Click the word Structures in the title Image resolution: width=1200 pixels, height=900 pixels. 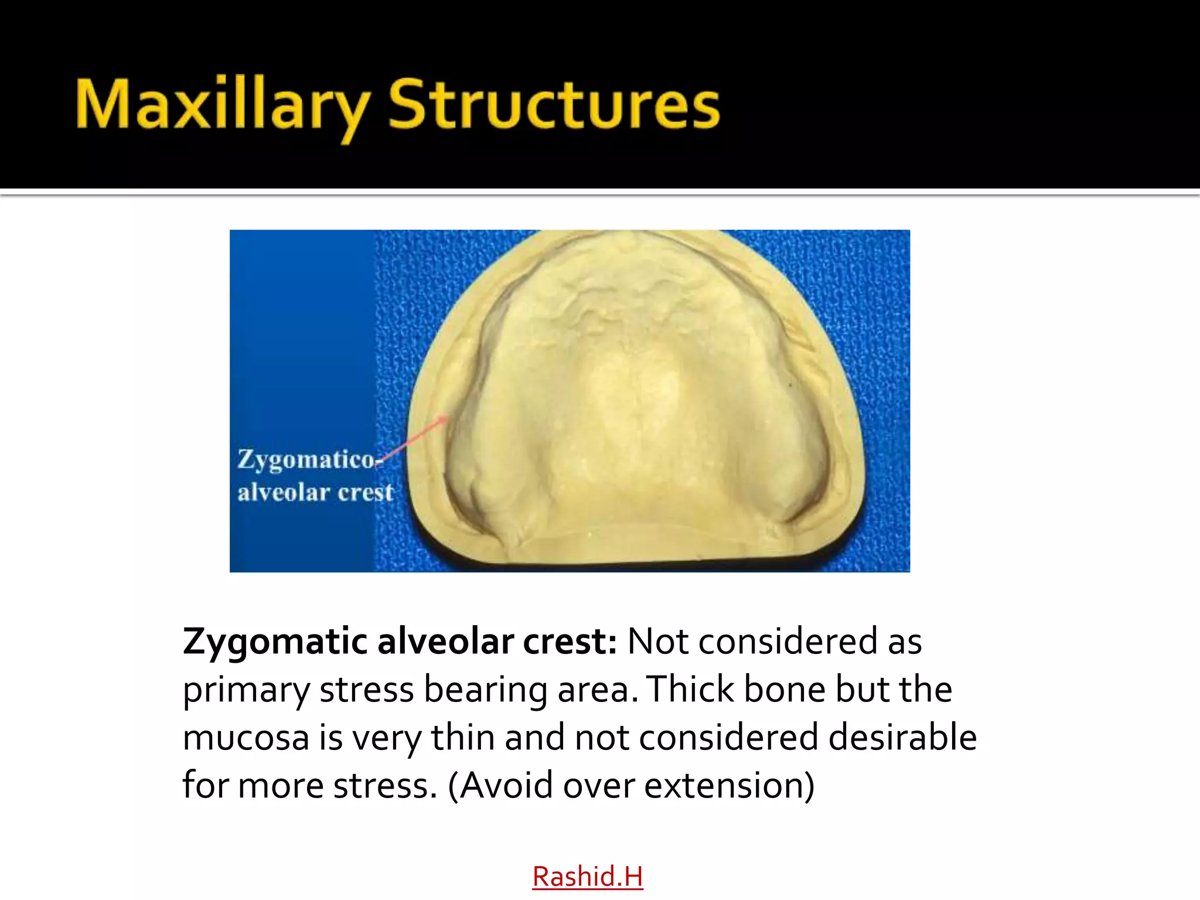(x=554, y=105)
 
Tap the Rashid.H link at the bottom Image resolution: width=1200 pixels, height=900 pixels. (x=587, y=877)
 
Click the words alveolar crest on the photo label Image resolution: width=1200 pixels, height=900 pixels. (x=315, y=493)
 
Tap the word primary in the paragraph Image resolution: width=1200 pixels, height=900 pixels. (x=246, y=690)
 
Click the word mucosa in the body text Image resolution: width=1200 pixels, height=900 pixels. (x=246, y=738)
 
